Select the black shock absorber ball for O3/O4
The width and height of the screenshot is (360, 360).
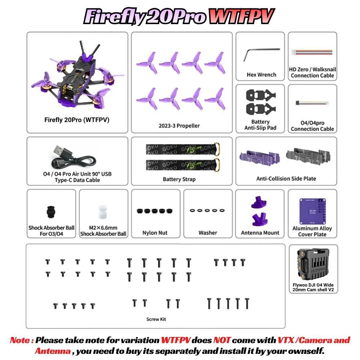[x=51, y=212]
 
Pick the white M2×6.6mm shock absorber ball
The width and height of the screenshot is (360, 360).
[x=103, y=212]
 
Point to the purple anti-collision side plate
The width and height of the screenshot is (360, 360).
[x=260, y=158]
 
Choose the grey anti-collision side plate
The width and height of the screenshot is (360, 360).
[x=308, y=157]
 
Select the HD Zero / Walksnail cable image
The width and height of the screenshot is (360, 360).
[x=312, y=52]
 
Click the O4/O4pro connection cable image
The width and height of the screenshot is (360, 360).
[x=312, y=103]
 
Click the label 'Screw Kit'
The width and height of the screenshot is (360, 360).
[x=156, y=319]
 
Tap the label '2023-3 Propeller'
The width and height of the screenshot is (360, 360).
[x=179, y=126]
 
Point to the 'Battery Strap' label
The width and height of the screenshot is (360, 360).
[x=179, y=179]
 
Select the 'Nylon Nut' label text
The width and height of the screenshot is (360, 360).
[x=155, y=233]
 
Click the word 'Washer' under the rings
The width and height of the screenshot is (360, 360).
[x=208, y=233]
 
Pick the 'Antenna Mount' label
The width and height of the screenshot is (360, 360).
[x=260, y=233]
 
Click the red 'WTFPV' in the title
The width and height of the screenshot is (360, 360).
[x=242, y=17]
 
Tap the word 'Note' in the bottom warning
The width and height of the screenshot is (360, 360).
[x=20, y=340]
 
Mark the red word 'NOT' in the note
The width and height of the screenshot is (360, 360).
[x=222, y=340]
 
